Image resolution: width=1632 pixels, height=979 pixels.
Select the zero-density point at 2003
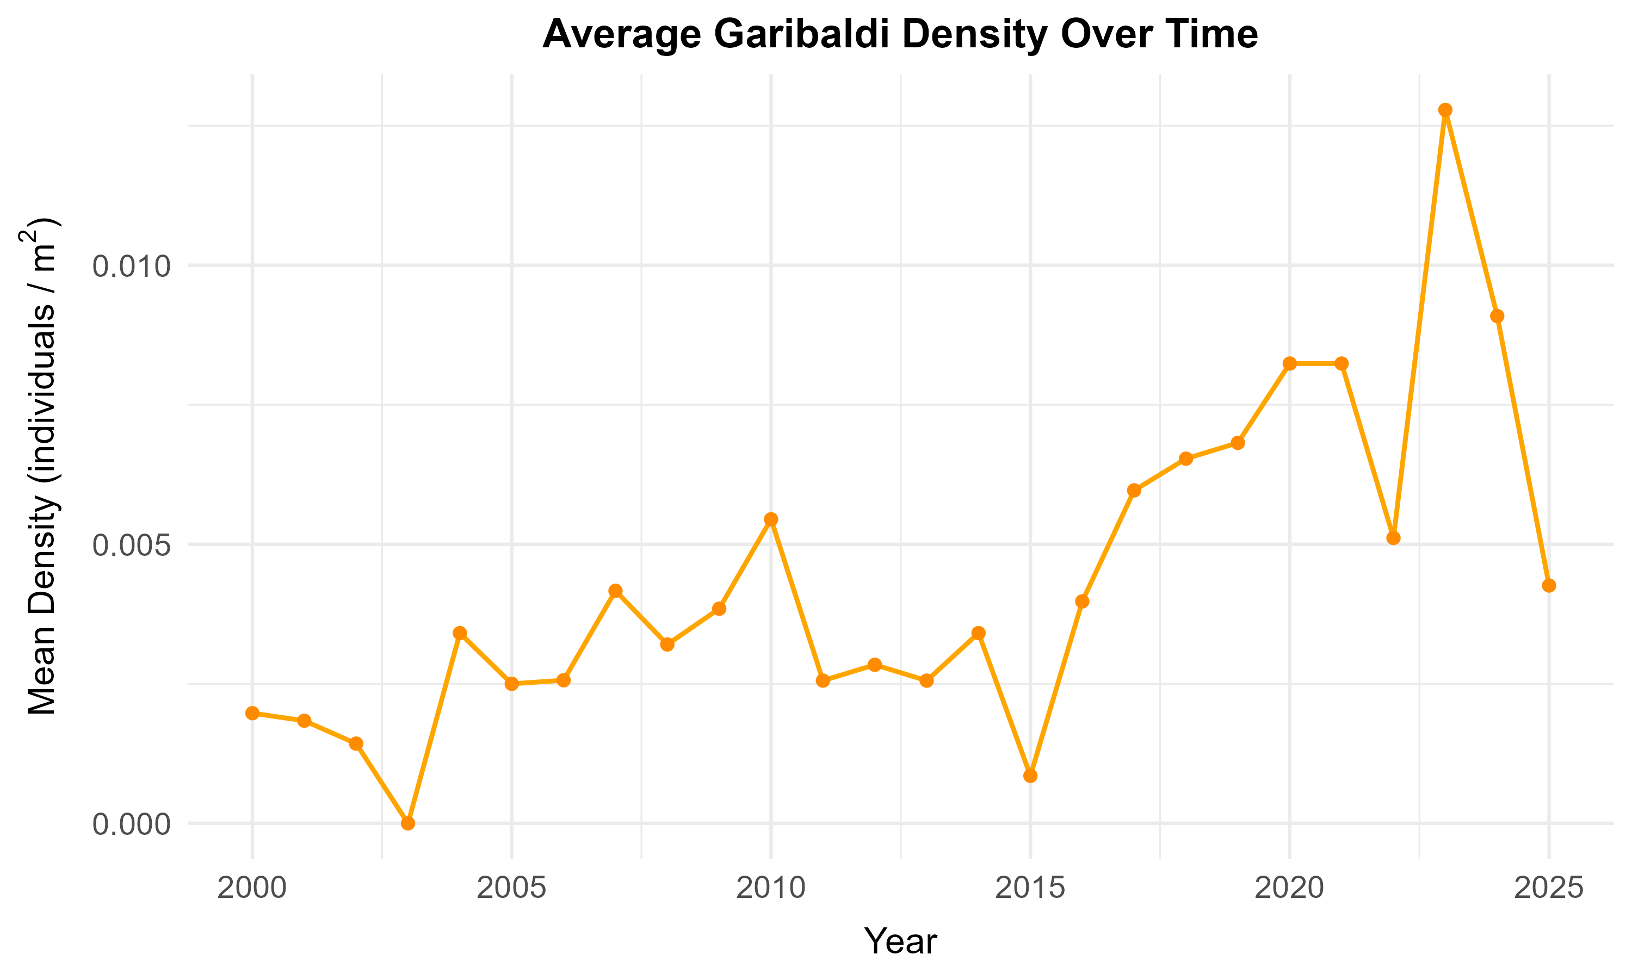[409, 823]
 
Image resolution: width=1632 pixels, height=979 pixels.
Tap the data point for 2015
[1030, 776]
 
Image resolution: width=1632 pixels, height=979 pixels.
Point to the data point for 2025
[1549, 586]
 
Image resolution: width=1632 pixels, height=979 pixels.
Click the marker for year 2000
[252, 713]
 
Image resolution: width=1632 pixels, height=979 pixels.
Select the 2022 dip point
[1393, 538]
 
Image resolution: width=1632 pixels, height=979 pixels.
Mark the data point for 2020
[1290, 363]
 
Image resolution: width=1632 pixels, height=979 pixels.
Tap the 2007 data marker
[615, 591]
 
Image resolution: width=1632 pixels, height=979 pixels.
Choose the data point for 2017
[1134, 491]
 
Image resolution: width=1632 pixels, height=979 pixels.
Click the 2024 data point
[1498, 316]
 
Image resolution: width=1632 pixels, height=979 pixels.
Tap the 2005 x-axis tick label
[512, 889]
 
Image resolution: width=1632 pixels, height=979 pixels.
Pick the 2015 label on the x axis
[1030, 889]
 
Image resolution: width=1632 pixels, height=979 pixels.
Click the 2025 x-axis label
[1549, 889]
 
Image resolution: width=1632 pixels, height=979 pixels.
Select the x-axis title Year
[900, 941]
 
